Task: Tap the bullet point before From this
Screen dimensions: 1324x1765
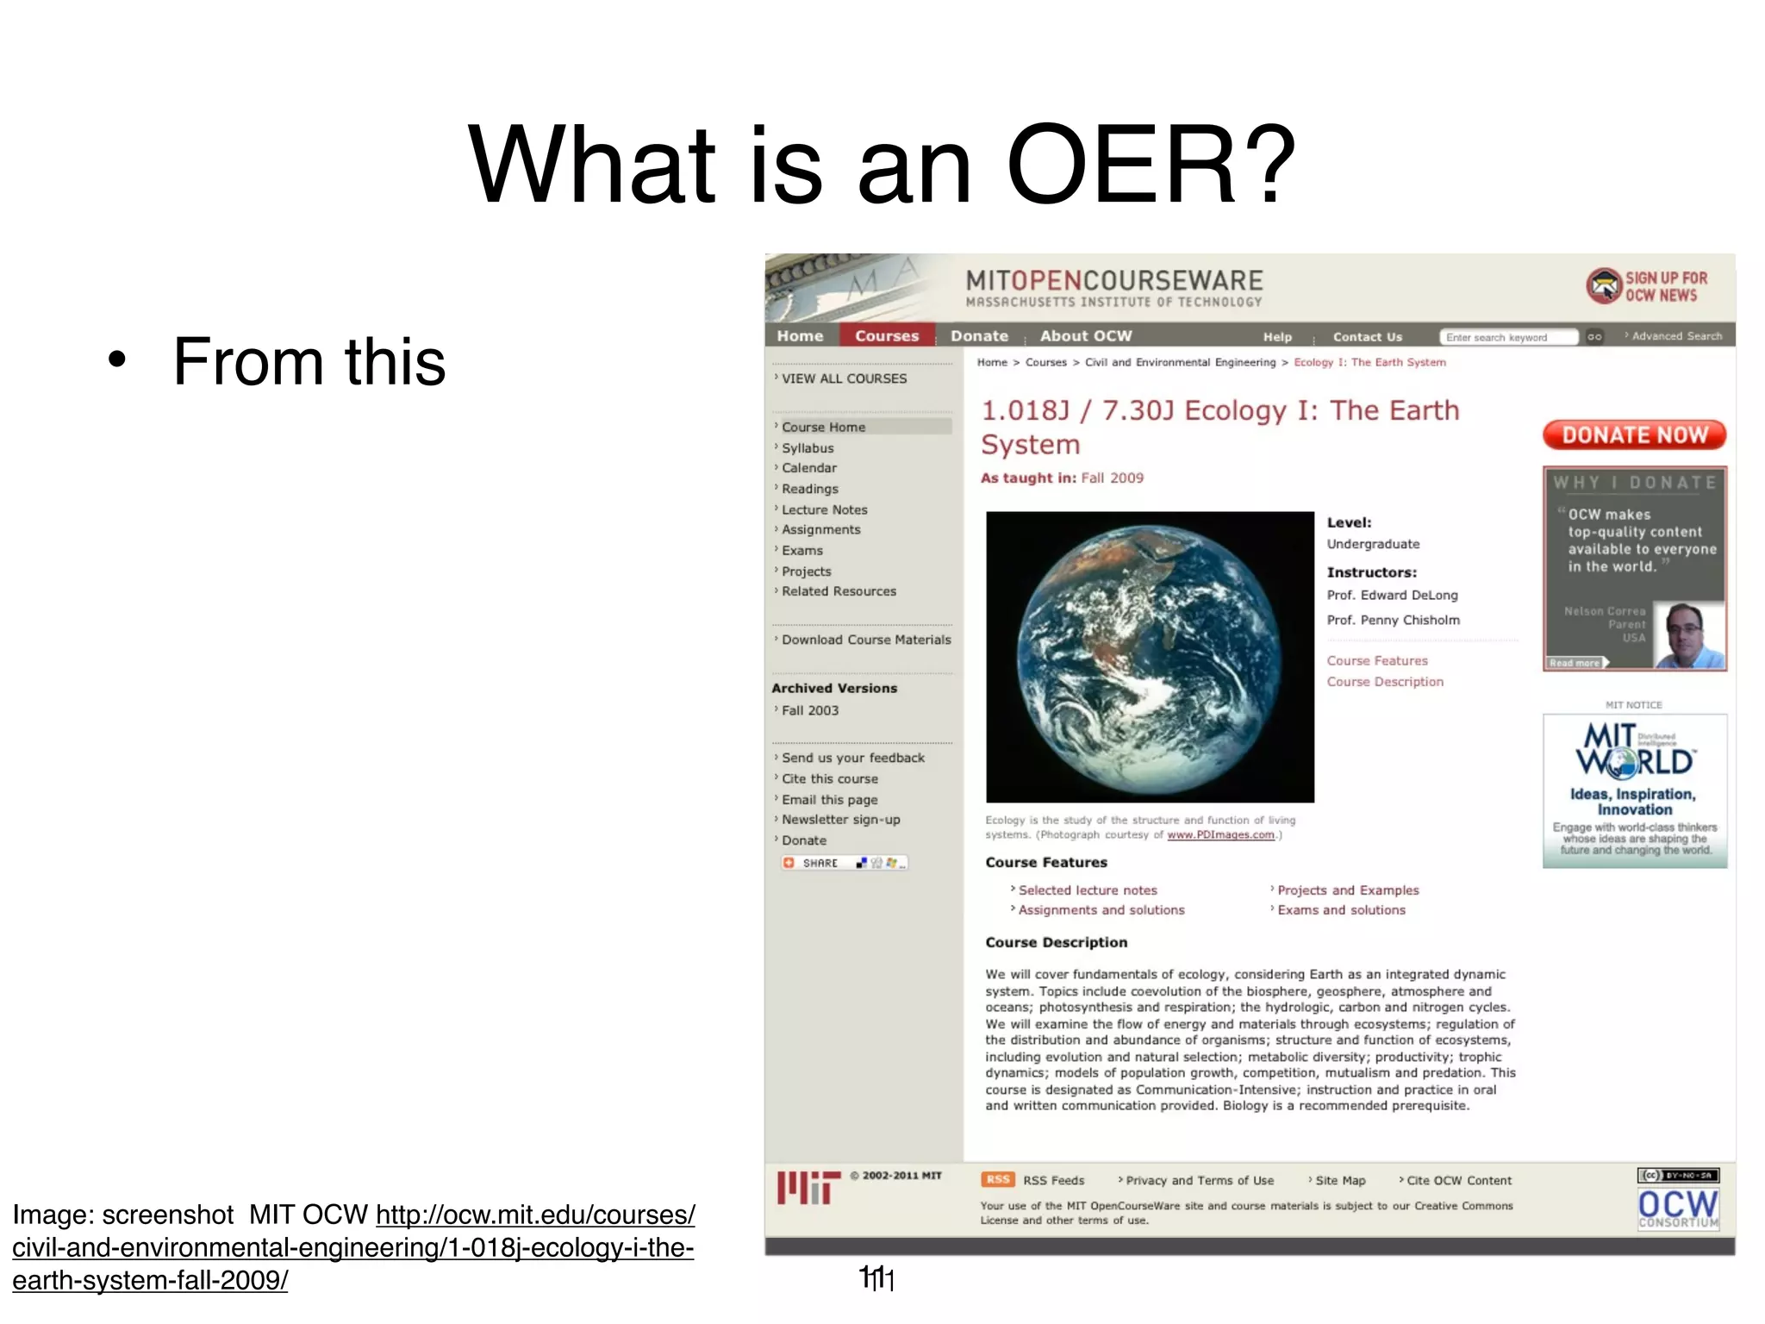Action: coord(117,361)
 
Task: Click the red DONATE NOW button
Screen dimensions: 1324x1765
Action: coord(1634,435)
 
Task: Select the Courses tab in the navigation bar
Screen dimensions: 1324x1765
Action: coord(887,335)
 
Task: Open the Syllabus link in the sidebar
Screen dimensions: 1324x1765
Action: coord(808,448)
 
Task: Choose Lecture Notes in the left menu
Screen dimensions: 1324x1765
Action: coord(824,509)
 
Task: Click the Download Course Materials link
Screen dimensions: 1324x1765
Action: coord(866,640)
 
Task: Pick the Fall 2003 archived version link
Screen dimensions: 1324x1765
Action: coord(809,710)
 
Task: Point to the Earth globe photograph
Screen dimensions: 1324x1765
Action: coord(1150,657)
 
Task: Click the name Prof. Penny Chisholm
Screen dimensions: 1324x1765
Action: coord(1393,620)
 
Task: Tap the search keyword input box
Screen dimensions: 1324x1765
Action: coord(1508,337)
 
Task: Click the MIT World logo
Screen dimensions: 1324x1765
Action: coord(1634,750)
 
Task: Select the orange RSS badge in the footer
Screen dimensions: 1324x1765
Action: coord(997,1179)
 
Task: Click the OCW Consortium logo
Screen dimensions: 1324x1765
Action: coord(1677,1208)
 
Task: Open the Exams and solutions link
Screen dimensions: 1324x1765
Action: coord(1341,910)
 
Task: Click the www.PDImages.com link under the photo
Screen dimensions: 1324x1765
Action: coord(1220,834)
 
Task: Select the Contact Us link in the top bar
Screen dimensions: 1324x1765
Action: coord(1367,337)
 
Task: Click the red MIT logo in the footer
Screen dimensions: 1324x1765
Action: coord(808,1187)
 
